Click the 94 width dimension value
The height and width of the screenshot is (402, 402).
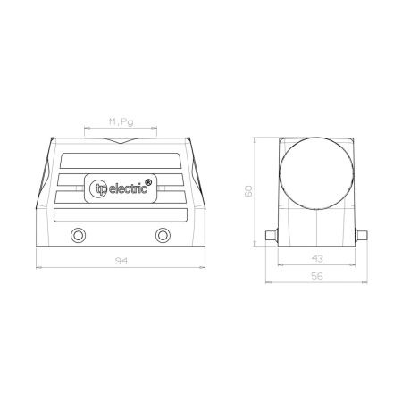pyautogui.click(x=121, y=261)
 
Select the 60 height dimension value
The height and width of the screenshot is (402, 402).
pyautogui.click(x=248, y=191)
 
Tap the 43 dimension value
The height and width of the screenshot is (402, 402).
pyautogui.click(x=317, y=258)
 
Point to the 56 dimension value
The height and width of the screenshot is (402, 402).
pyautogui.click(x=317, y=276)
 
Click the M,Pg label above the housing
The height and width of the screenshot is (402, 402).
pyautogui.click(x=121, y=121)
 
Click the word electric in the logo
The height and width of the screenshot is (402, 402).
pyautogui.click(x=128, y=188)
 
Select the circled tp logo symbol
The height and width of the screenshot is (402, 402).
pyautogui.click(x=98, y=188)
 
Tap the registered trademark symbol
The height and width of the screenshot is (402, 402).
pyautogui.click(x=148, y=182)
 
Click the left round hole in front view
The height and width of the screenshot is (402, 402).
pyautogui.click(x=78, y=236)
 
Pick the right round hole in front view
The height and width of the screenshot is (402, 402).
pyautogui.click(x=163, y=236)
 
